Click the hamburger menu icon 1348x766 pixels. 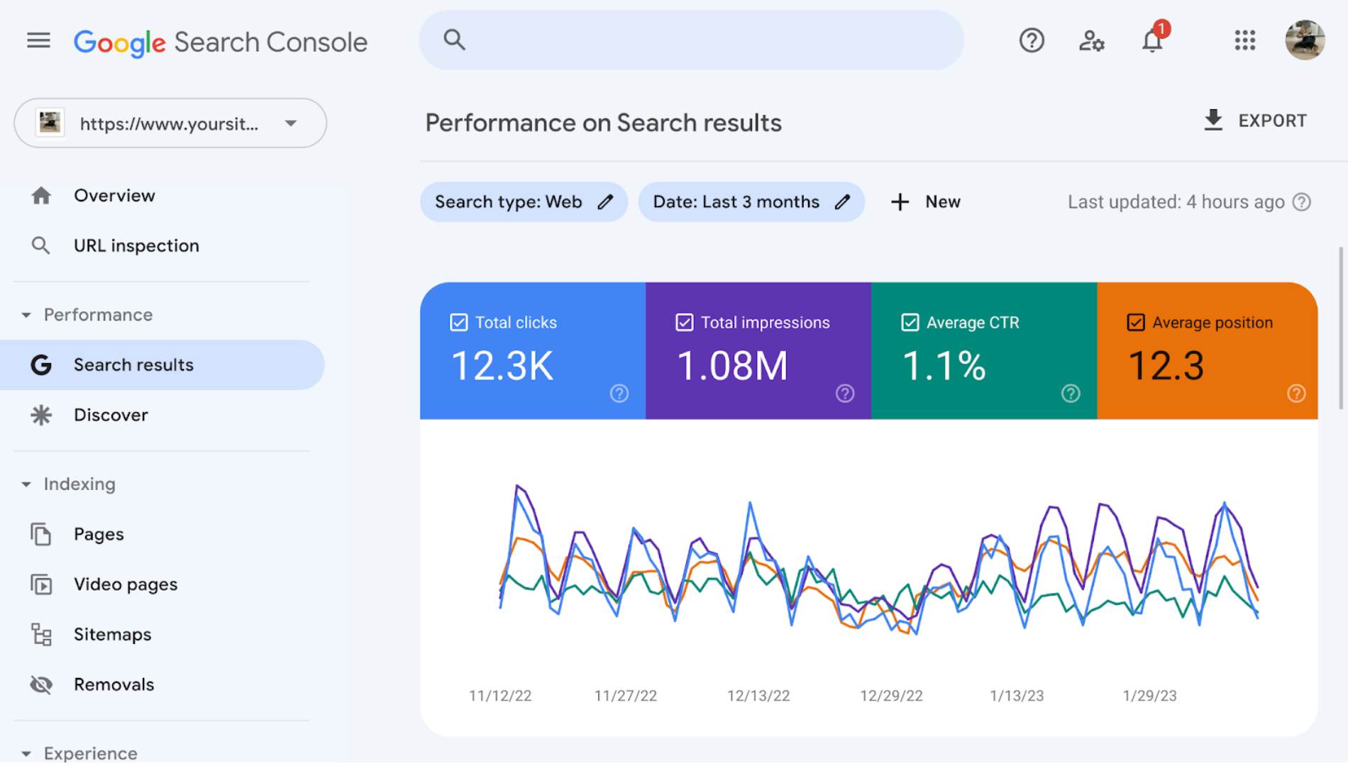(38, 40)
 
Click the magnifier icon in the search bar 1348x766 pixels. (454, 40)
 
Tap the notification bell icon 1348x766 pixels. (1151, 40)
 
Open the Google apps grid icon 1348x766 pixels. (1244, 40)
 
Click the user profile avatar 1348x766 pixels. (1304, 40)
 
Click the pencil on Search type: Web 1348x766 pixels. (605, 202)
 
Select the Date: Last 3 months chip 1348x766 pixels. (736, 202)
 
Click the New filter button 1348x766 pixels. (925, 202)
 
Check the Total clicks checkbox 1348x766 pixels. (459, 323)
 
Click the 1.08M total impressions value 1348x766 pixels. (732, 366)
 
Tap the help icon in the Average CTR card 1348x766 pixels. (1070, 394)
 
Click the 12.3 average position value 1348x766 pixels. (1166, 366)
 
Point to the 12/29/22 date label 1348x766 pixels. (891, 696)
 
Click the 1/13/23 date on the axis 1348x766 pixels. (1017, 696)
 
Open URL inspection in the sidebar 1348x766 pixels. (136, 245)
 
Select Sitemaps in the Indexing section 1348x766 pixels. (112, 634)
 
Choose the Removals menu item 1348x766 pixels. (114, 684)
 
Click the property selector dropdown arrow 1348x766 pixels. (291, 123)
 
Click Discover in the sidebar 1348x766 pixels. (111, 415)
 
